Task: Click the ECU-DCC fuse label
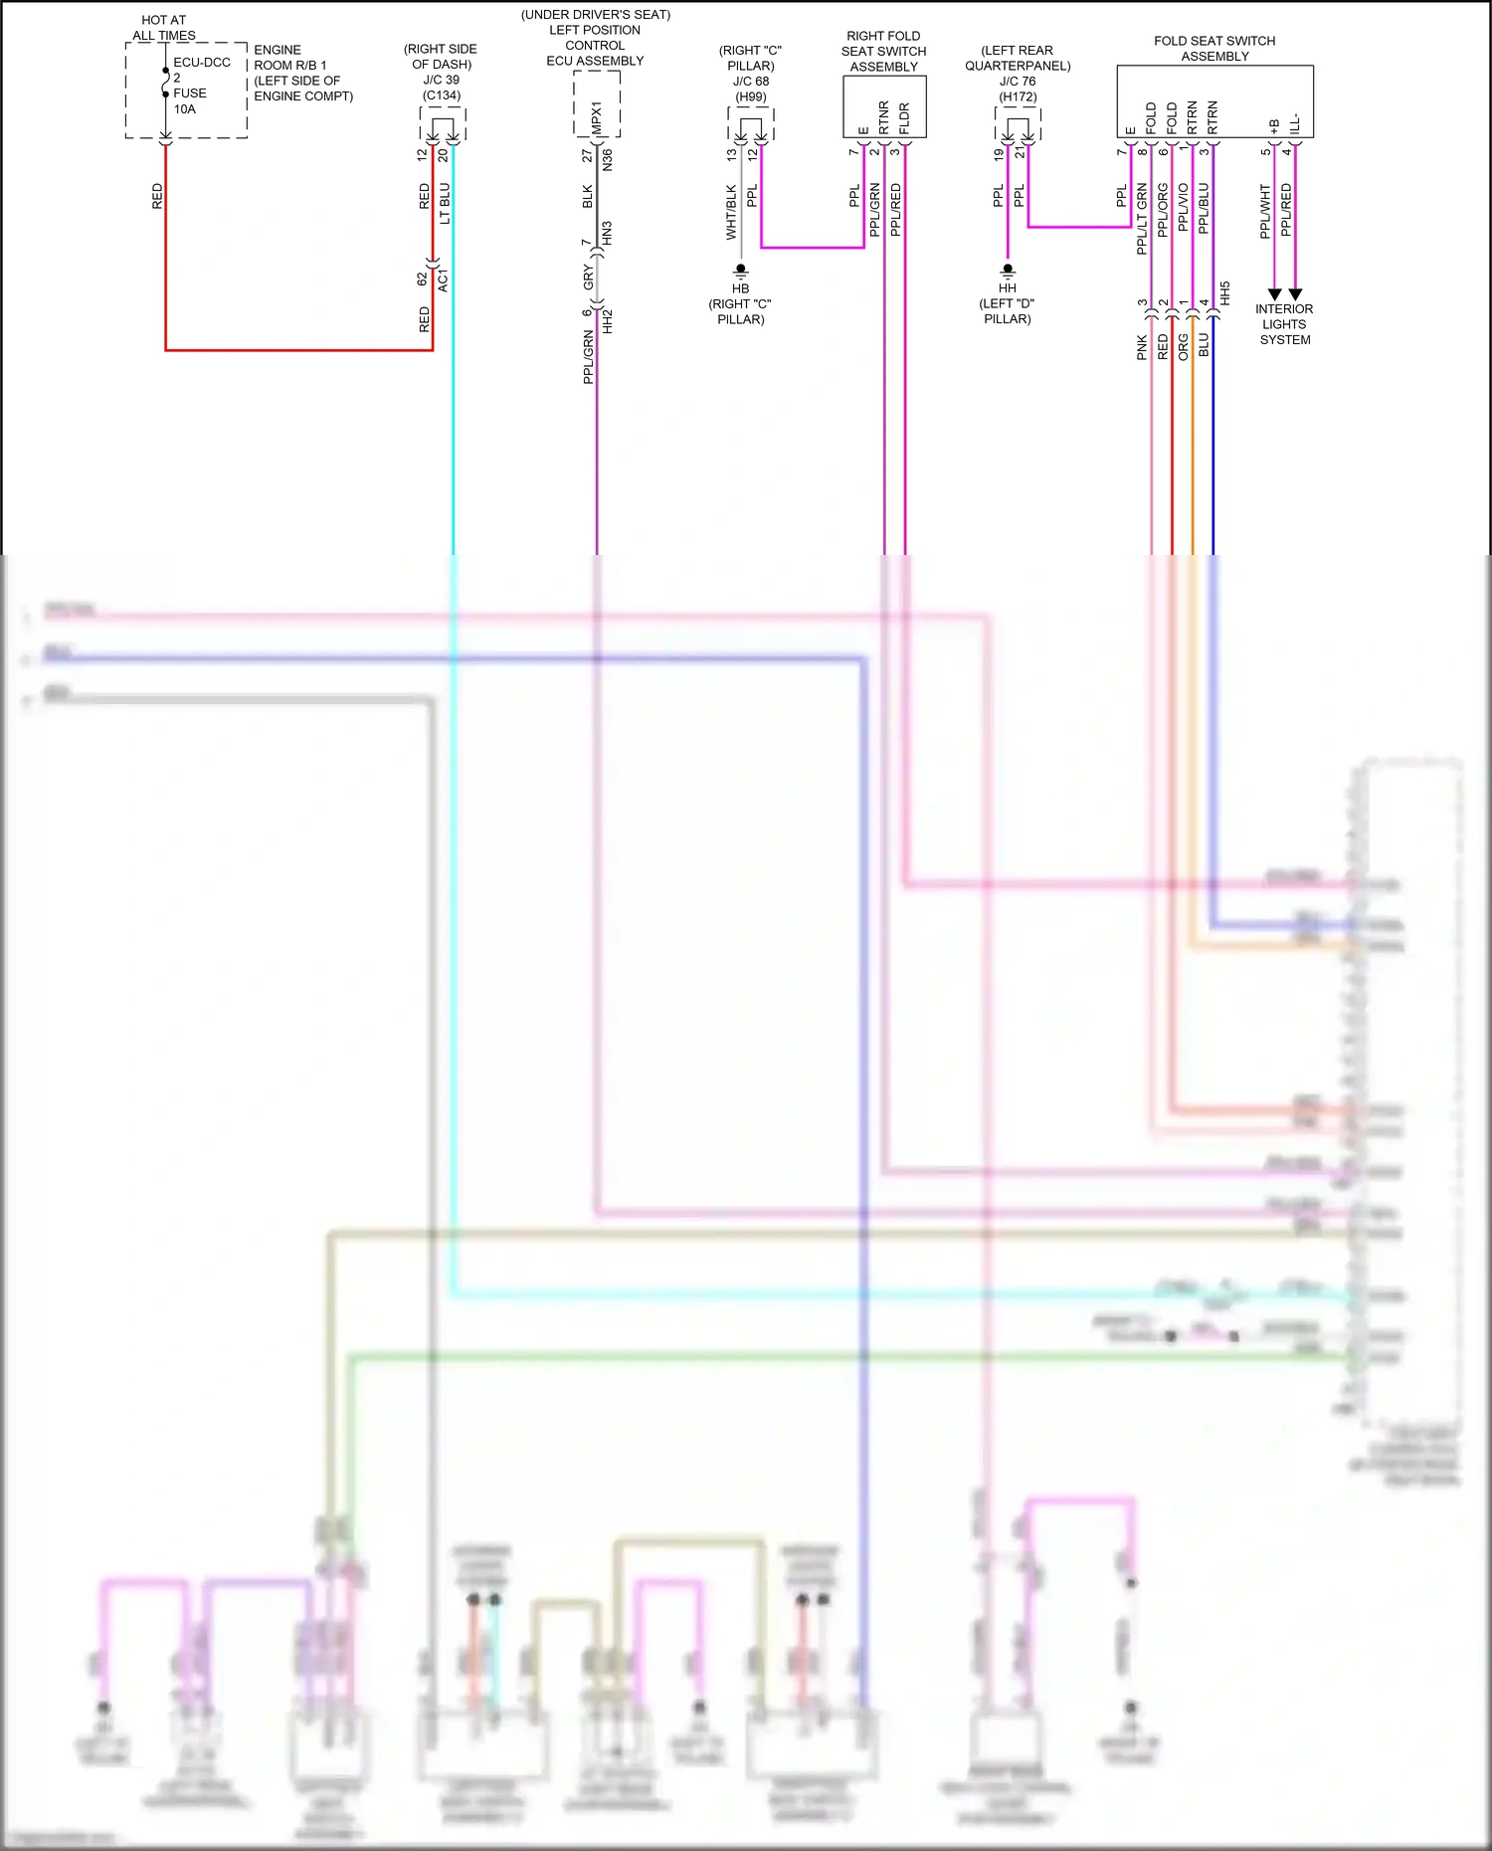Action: (x=201, y=63)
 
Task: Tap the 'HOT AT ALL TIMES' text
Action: (x=164, y=28)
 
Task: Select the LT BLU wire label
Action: (x=445, y=203)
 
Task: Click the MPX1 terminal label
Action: (x=597, y=117)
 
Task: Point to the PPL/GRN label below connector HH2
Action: (x=588, y=358)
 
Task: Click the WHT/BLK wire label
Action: (x=731, y=212)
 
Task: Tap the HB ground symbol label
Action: (x=740, y=288)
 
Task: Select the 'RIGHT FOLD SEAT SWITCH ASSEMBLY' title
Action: (x=883, y=52)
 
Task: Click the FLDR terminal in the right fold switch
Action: (x=904, y=118)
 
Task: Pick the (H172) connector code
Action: (x=1018, y=97)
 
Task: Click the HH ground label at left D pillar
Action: (x=1008, y=288)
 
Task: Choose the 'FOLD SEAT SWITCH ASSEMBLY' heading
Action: (x=1214, y=49)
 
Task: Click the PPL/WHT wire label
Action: (x=1265, y=211)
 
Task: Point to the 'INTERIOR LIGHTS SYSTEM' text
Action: (x=1284, y=324)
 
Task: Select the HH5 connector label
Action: (x=1225, y=293)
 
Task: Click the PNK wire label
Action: (x=1142, y=347)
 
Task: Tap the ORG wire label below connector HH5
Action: (x=1184, y=347)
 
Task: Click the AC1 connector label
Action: (x=444, y=279)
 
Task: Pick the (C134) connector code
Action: (x=442, y=96)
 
